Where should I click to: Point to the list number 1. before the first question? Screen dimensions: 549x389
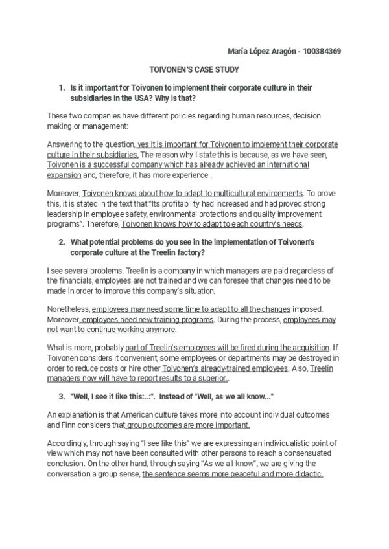[x=62, y=87]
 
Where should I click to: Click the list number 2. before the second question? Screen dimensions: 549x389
[x=62, y=242]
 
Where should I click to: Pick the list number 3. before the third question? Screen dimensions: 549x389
[x=62, y=397]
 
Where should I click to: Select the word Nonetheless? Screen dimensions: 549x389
[x=69, y=309]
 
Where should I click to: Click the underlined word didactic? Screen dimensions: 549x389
[x=305, y=475]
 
